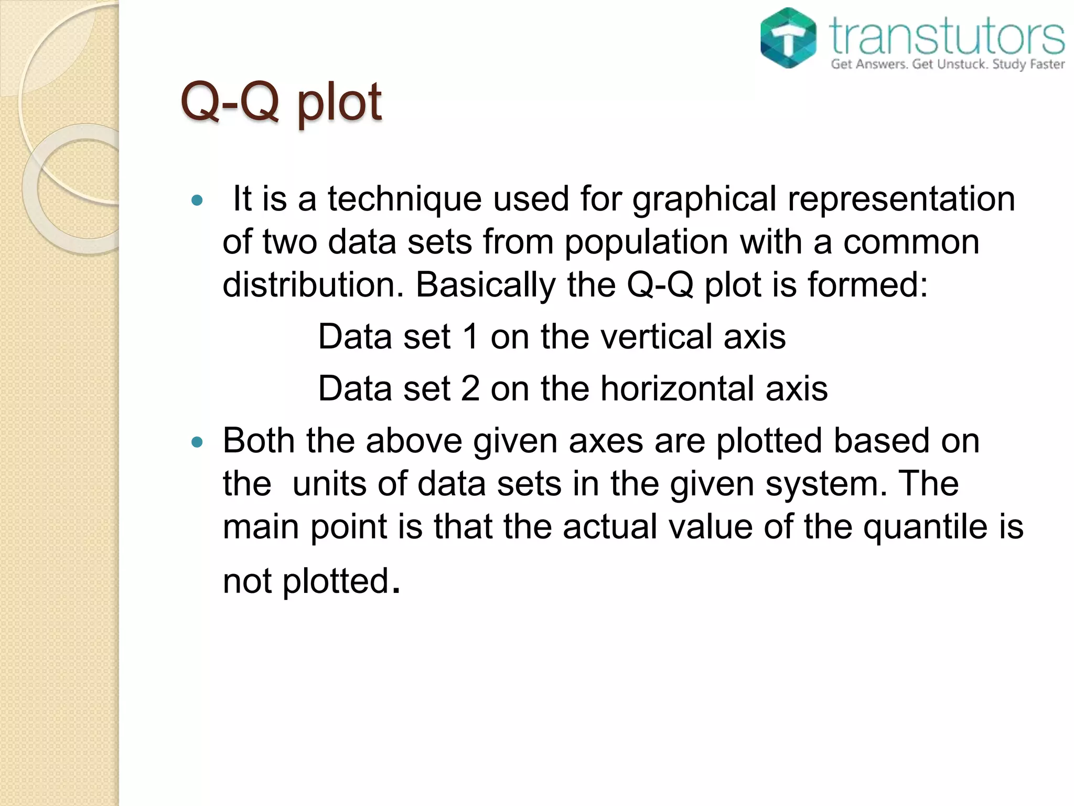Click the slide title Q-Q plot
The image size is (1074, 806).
pyautogui.click(x=281, y=102)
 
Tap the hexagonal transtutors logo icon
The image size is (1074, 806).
pyautogui.click(x=788, y=38)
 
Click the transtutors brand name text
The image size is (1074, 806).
pyautogui.click(x=947, y=36)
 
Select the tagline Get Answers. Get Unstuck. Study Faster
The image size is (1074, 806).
pyautogui.click(x=947, y=65)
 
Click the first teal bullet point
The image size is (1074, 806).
pyautogui.click(x=197, y=200)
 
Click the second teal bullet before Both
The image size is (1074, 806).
pyautogui.click(x=197, y=442)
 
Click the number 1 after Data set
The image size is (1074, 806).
pyautogui.click(x=471, y=337)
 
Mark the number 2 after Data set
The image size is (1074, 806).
pyautogui.click(x=470, y=389)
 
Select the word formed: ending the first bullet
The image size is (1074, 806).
pyautogui.click(x=867, y=285)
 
